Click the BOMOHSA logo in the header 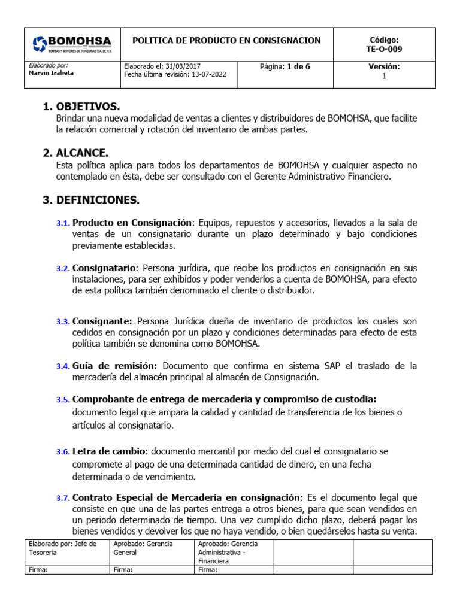(x=72, y=44)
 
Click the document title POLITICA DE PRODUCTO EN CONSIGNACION (x=226, y=41)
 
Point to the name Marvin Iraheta (x=51, y=73)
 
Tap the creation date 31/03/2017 (x=183, y=67)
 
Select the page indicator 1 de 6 (x=298, y=67)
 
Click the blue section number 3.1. (x=63, y=223)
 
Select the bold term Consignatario (x=105, y=268)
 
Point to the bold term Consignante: (x=102, y=321)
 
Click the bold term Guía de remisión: (x=115, y=366)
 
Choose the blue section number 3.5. (x=63, y=400)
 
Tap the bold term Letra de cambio (x=110, y=451)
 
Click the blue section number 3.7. (x=63, y=498)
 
